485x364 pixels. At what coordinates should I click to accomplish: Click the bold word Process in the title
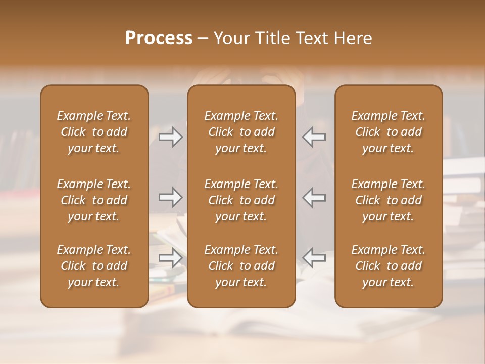[x=159, y=38]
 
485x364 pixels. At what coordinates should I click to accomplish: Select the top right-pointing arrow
[x=170, y=137]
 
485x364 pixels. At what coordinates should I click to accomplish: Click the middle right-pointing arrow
[x=170, y=197]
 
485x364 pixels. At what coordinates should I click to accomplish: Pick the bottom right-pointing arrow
[x=170, y=258]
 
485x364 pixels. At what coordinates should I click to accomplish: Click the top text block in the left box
[x=94, y=132]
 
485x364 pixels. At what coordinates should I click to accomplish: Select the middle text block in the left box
[x=94, y=200]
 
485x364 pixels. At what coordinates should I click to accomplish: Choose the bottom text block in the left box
[x=94, y=266]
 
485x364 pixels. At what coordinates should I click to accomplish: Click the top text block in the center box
[x=241, y=132]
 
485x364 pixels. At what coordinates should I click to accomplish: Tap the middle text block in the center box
[x=241, y=200]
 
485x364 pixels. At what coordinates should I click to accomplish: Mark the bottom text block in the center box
[x=241, y=266]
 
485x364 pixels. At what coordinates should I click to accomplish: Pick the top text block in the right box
[x=388, y=132]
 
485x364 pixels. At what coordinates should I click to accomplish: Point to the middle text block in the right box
[x=388, y=200]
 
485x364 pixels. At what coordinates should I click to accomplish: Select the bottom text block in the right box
[x=388, y=266]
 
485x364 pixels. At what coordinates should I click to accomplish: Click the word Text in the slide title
[x=309, y=38]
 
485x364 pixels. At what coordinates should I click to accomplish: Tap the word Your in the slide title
[x=230, y=38]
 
